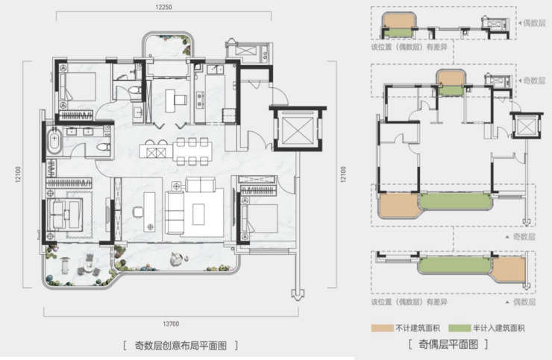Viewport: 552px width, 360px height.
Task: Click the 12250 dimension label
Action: [163, 7]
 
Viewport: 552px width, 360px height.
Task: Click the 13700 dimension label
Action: [171, 323]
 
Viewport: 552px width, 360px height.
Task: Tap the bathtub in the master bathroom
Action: [54, 141]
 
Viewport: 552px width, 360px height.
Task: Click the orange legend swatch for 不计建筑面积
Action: [382, 329]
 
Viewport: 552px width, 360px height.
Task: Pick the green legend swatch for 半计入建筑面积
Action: [460, 329]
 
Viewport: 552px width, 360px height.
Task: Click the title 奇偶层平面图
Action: [448, 344]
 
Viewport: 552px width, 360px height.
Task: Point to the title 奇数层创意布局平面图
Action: [181, 346]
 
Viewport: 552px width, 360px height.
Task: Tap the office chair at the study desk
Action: [138, 212]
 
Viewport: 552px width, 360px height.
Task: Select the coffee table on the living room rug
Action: [198, 214]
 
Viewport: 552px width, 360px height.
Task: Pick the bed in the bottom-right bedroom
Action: [260, 218]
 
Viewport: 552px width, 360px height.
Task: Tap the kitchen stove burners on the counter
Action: [200, 99]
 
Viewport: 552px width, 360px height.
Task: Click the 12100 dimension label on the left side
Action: [18, 174]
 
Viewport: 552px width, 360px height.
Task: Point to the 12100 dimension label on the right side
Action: [343, 174]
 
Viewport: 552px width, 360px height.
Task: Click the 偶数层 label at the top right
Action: [534, 23]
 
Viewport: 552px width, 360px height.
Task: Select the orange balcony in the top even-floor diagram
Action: [399, 21]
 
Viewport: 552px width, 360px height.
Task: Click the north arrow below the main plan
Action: [298, 294]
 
